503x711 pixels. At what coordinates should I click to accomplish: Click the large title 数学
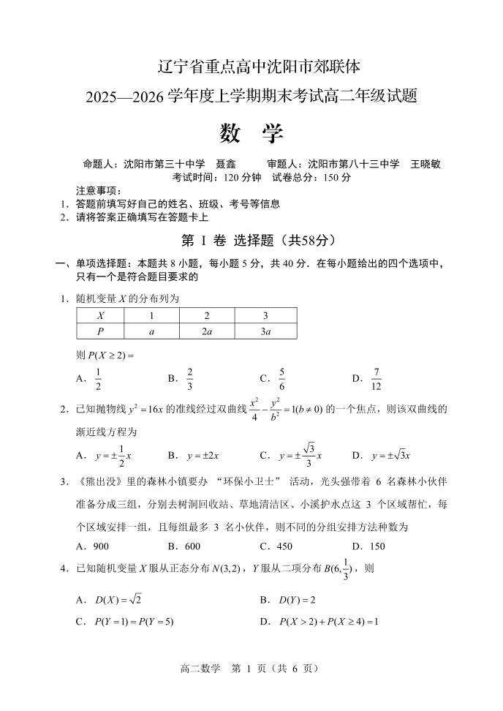coord(251,134)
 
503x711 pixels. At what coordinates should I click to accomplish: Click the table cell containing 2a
coord(207,331)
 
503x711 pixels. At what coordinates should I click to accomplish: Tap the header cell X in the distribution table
coord(100,316)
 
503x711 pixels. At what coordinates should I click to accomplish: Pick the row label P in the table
coord(100,331)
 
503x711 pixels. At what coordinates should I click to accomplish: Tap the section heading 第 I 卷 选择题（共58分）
coord(251,240)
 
